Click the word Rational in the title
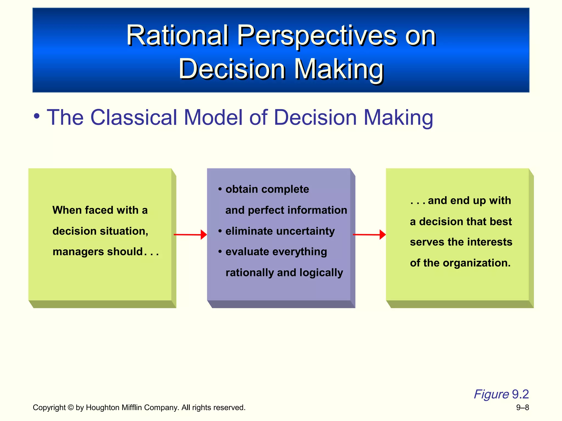pos(177,36)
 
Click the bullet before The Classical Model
pos(37,117)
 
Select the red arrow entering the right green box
pos(369,235)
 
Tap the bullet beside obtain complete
pos(220,189)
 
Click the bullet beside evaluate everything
pos(220,251)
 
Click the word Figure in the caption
pos(491,394)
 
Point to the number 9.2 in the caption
pos(520,394)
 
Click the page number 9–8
pos(522,408)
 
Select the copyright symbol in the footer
pos(71,408)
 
